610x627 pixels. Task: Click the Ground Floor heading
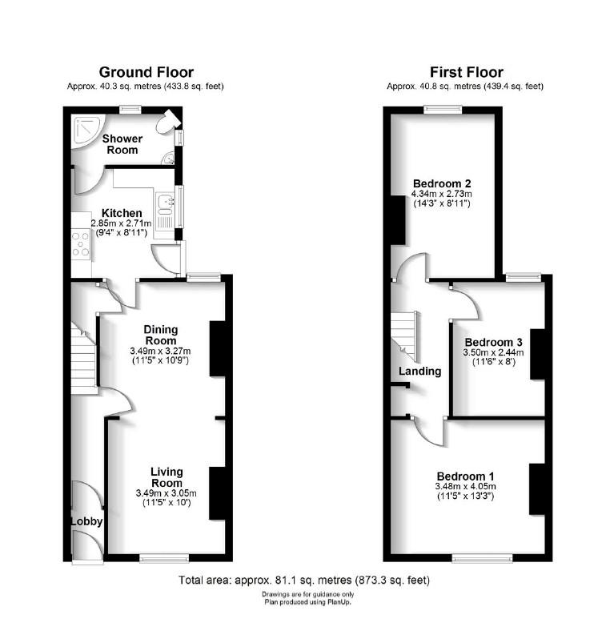146,72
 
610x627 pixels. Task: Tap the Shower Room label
122,144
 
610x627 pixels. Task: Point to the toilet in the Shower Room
167,124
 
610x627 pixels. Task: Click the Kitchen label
122,212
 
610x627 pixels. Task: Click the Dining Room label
160,335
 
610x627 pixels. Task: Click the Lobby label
86,521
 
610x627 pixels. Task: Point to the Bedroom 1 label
465,474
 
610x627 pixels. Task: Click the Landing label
419,372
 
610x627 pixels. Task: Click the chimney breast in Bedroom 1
536,488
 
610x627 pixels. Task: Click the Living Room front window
164,557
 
